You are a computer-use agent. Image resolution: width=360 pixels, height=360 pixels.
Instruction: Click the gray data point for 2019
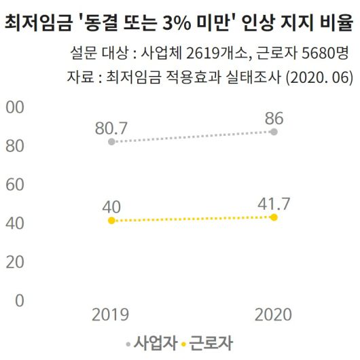(111, 141)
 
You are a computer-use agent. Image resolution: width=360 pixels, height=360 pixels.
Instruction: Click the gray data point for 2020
(274, 131)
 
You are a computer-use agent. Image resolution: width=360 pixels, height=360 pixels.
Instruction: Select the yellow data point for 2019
(111, 221)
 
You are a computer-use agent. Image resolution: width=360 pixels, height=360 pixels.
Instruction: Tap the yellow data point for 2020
(274, 217)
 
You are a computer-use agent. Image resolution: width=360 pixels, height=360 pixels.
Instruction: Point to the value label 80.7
(111, 126)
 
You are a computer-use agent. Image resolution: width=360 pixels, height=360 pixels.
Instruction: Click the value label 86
(274, 116)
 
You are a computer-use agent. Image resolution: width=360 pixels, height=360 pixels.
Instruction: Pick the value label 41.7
(274, 202)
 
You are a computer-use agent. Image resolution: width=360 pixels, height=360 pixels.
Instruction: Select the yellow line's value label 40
(111, 206)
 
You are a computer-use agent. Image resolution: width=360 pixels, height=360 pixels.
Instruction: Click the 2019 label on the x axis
(111, 314)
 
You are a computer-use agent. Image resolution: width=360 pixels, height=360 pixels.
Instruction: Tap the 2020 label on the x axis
(274, 314)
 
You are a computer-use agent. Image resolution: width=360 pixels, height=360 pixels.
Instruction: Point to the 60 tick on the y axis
(15, 185)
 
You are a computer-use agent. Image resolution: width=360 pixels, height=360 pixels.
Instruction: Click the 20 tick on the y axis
(15, 262)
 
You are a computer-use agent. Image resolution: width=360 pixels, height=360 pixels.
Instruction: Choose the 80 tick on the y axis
(15, 146)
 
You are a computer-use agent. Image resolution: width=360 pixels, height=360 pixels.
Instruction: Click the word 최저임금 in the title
(35, 26)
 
